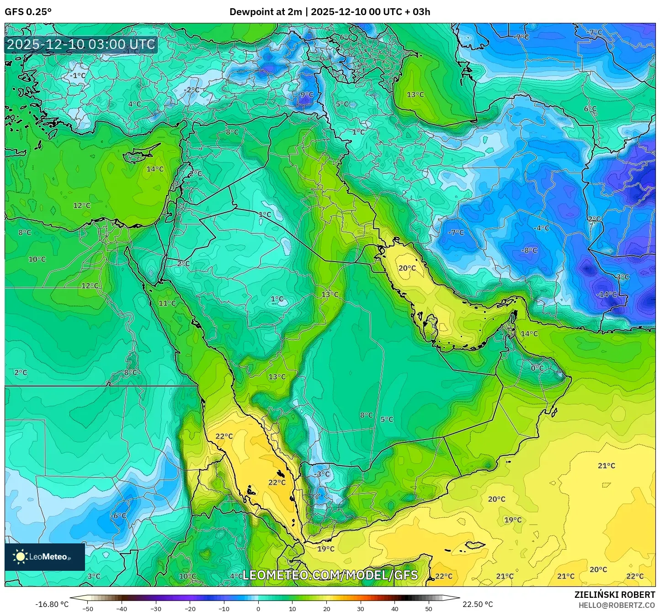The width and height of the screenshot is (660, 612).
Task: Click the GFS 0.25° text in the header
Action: pos(28,12)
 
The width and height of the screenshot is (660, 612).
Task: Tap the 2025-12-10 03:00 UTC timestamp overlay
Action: pos(81,44)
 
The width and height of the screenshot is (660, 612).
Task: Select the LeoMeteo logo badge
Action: pos(44,557)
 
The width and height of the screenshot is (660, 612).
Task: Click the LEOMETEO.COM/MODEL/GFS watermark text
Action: pos(330,575)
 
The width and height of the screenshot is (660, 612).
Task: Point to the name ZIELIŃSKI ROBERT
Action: pos(614,595)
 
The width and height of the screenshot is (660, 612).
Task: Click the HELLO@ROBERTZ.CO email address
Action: pos(617,605)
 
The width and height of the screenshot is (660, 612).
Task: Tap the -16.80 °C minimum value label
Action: pos(52,604)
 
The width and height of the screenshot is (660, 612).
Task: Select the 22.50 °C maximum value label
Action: pos(478,604)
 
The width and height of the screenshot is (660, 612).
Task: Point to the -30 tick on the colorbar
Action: pos(156,608)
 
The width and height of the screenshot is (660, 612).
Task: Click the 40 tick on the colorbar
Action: pos(395,608)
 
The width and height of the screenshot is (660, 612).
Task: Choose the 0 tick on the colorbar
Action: pos(258,608)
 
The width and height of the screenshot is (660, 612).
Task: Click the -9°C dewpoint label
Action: pos(306,95)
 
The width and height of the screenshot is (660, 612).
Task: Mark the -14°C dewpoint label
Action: pos(607,295)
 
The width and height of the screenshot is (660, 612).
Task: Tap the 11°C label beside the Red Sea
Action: pos(167,303)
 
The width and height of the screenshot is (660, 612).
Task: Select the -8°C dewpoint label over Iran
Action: pos(530,250)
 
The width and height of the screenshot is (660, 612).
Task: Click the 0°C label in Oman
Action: pos(537,368)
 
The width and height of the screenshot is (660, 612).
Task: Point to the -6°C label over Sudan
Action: pos(119,515)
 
